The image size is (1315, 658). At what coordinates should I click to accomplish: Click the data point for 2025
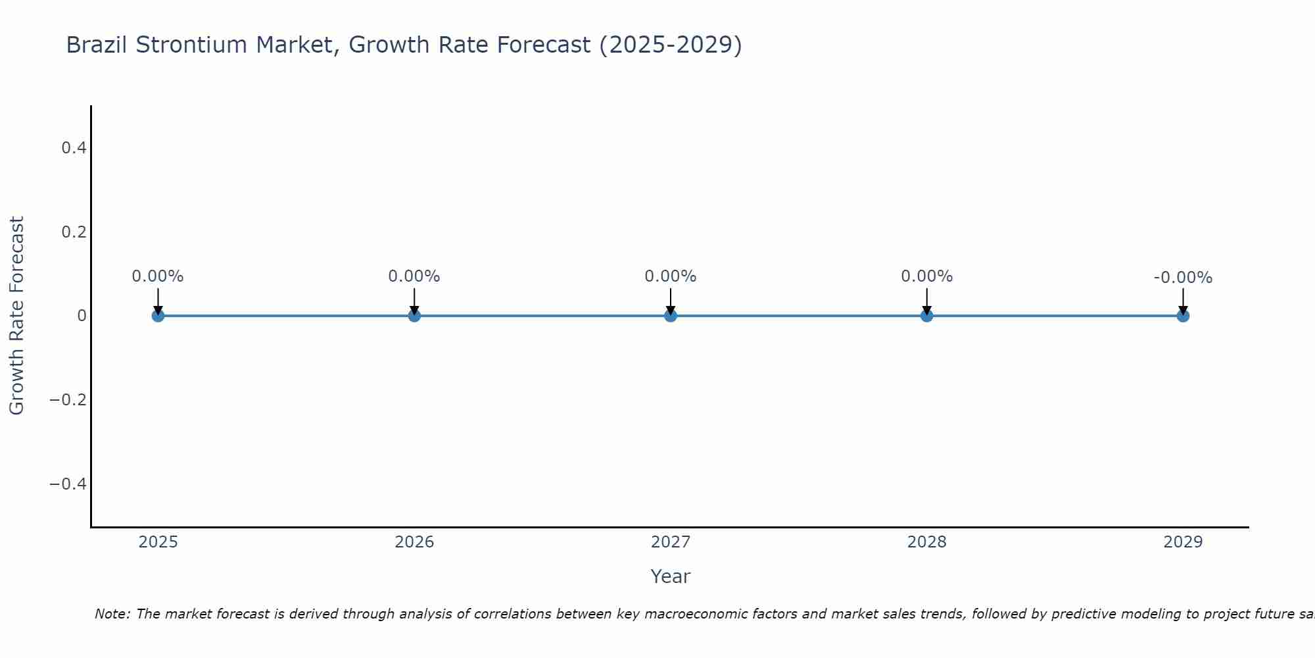158,316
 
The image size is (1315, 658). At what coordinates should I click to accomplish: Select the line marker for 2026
414,316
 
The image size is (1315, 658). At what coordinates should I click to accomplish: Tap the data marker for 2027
671,316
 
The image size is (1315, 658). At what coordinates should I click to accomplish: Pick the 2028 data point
926,316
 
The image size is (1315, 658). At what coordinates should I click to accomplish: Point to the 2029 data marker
1183,316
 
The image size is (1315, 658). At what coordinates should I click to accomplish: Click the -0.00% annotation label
1183,278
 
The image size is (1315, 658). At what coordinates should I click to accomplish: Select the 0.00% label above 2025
158,276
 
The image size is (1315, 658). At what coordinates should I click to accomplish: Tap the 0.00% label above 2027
671,276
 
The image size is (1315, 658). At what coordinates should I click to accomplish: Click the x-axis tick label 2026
414,542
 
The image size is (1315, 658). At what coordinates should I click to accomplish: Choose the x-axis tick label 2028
926,542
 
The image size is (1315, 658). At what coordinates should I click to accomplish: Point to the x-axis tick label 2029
1183,542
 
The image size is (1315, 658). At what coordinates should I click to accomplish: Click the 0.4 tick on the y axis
74,148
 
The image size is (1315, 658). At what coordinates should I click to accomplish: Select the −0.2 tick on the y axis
68,400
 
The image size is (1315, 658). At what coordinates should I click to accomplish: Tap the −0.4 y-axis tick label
68,484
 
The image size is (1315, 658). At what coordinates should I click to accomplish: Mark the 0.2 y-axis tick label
74,232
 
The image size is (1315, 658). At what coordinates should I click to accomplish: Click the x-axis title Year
670,577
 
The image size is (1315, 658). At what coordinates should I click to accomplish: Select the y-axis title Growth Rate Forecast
16,316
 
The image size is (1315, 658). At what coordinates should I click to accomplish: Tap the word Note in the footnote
112,614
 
